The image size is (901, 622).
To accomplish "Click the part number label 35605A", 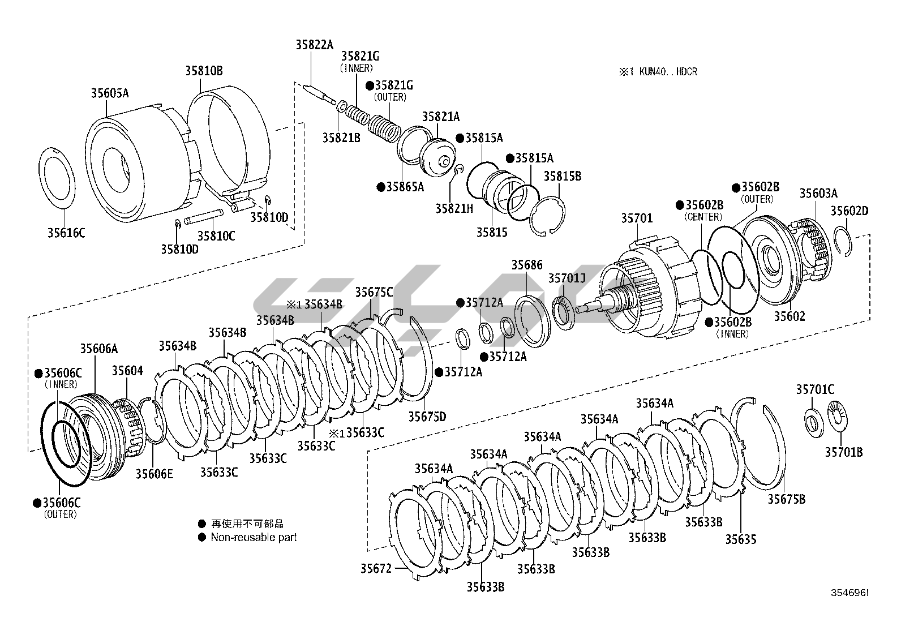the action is point(110,93).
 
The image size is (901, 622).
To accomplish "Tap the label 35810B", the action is point(204,71).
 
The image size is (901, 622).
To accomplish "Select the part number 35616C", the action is point(66,233).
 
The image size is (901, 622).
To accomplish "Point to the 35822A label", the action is point(315,45).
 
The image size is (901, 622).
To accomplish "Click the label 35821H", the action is point(454,208).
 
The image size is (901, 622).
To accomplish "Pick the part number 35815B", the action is point(563,176).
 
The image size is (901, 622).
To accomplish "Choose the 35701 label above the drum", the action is point(637,218).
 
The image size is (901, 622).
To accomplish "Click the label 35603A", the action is point(818,194).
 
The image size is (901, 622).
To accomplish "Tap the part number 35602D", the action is point(849,211).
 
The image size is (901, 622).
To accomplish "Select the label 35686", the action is point(527,265).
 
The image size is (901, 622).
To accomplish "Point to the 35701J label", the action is point(567,278).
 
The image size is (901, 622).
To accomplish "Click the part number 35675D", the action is point(427,417).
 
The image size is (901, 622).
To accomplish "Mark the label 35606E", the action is point(154,474).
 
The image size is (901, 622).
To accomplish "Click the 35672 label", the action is point(376,568).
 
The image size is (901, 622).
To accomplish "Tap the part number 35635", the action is point(741,539).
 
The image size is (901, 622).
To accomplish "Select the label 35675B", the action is point(787,499).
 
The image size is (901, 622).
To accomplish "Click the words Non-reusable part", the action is point(254,537).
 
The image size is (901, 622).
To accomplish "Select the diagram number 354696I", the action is point(849,593).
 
